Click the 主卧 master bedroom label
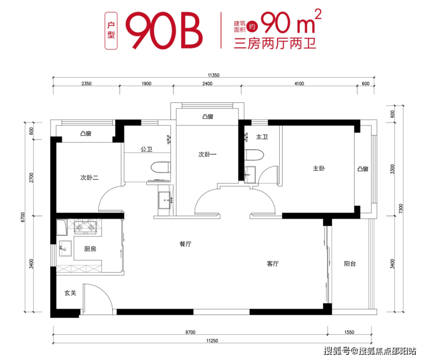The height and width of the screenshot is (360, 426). [319, 168]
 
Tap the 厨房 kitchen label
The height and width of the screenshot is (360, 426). [90, 248]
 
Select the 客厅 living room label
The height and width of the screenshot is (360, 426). [273, 263]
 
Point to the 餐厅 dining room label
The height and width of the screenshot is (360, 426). [185, 244]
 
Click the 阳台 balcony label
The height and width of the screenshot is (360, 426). [349, 263]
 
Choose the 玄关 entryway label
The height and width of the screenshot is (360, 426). [70, 293]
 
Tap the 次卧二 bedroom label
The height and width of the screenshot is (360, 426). [89, 178]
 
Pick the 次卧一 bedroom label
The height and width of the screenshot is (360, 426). [207, 155]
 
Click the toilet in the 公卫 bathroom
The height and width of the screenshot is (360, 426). [161, 167]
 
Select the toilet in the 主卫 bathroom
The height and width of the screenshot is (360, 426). [254, 155]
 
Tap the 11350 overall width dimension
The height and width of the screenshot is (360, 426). [214, 75]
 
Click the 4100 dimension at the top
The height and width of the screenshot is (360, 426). [299, 83]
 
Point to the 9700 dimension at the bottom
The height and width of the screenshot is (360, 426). [190, 332]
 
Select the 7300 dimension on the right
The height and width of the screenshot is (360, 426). [401, 209]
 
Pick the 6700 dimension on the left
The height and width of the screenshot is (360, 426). [23, 217]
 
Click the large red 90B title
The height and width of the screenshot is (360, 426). [164, 30]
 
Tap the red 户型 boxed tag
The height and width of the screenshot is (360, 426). [111, 30]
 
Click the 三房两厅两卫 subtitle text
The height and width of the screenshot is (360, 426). [275, 44]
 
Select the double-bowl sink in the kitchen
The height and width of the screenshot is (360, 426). [85, 228]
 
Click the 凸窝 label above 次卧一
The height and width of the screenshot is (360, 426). [208, 117]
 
